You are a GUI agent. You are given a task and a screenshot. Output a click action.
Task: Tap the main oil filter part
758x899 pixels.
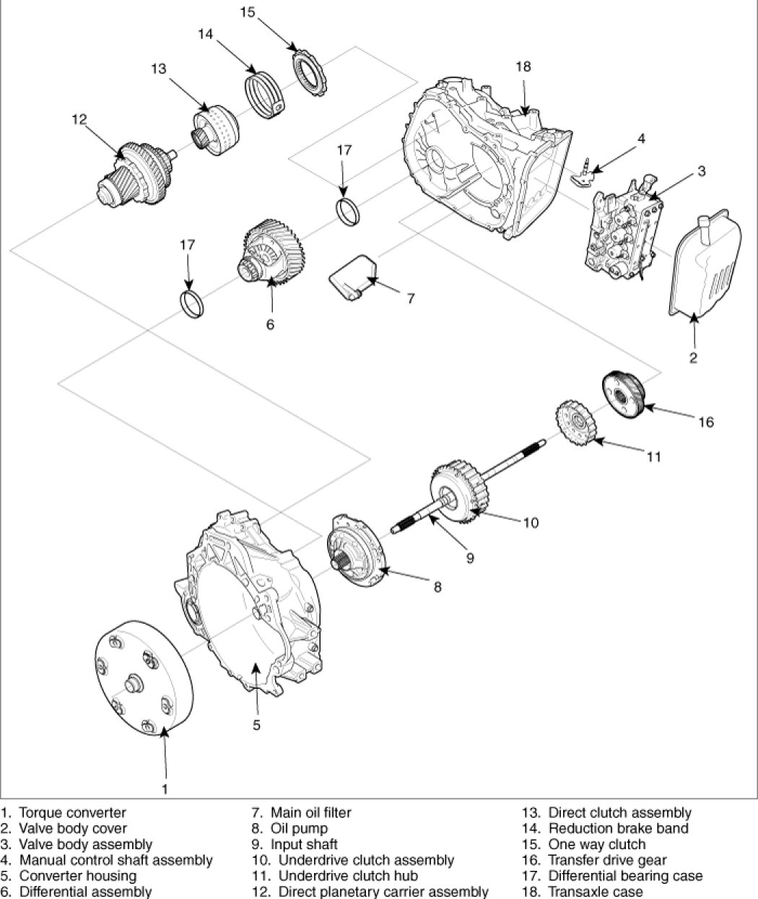pyautogui.click(x=353, y=277)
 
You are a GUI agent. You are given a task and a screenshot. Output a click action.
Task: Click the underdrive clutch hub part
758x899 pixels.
pyautogui.click(x=576, y=423)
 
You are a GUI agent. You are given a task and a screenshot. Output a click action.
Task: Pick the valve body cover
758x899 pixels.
pyautogui.click(x=705, y=266)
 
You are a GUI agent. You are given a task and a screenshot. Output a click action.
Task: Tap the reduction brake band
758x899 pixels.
pyautogui.click(x=265, y=95)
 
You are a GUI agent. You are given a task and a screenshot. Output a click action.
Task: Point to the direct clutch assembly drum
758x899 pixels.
pyautogui.click(x=215, y=131)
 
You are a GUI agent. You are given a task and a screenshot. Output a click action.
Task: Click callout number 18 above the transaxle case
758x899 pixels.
pyautogui.click(x=523, y=66)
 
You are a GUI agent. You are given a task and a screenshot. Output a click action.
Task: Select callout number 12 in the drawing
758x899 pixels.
pyautogui.click(x=79, y=119)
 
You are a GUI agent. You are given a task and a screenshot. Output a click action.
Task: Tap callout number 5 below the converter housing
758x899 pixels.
pyautogui.click(x=256, y=725)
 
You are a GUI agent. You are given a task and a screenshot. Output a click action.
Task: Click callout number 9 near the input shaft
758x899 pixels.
pyautogui.click(x=470, y=558)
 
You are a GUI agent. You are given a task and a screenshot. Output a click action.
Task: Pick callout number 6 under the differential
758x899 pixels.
pyautogui.click(x=270, y=324)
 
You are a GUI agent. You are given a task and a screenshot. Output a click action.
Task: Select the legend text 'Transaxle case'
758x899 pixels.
pyautogui.click(x=596, y=891)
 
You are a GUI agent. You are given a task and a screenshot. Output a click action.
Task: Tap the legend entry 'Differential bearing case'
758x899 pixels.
pyautogui.click(x=625, y=875)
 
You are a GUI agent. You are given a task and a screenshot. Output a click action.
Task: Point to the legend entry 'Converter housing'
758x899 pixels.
pyautogui.click(x=78, y=875)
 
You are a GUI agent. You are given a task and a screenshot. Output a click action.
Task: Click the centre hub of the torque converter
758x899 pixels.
pyautogui.click(x=134, y=683)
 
